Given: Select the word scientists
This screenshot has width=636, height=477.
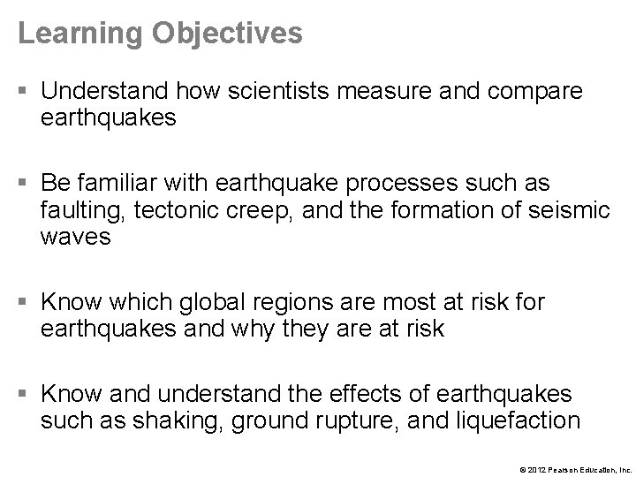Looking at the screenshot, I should [267, 92].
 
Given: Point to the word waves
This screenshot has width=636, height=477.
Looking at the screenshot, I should [76, 238].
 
